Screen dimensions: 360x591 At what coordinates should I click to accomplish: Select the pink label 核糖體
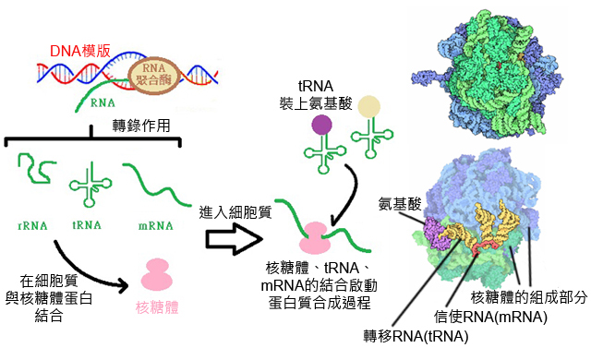pos(156,306)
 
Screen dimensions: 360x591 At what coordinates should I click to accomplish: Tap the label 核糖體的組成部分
pos(528,298)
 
